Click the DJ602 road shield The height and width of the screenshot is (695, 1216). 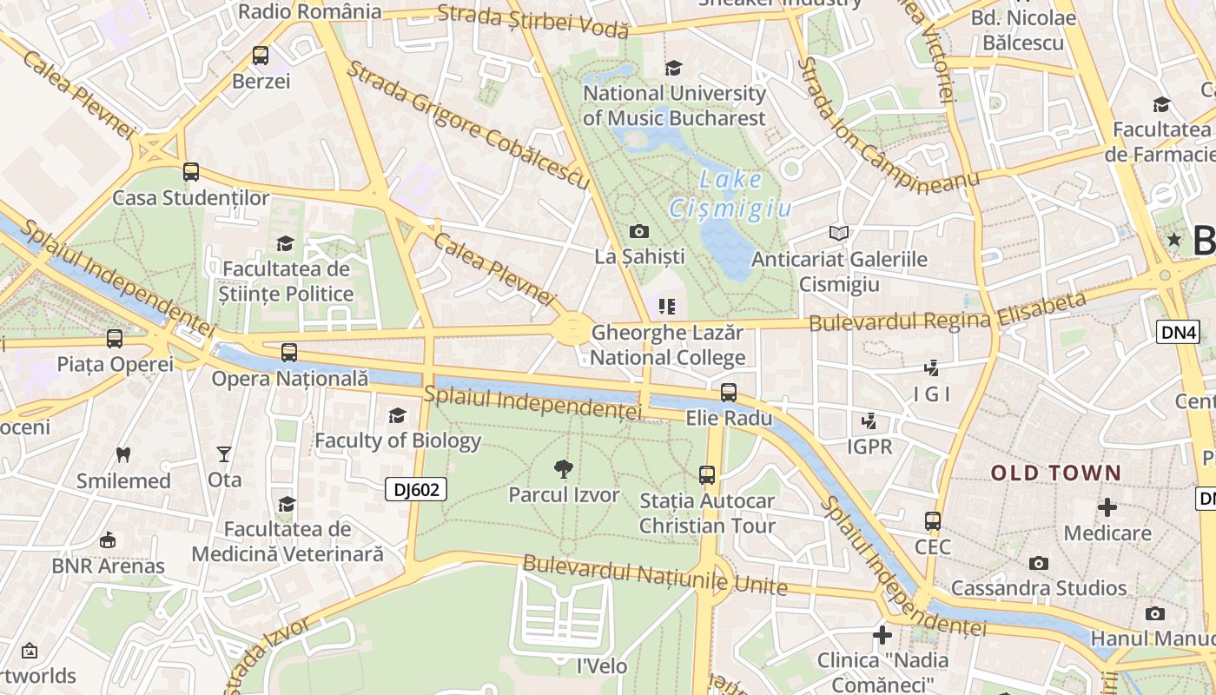(x=416, y=490)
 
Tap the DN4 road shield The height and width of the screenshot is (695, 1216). (x=1177, y=331)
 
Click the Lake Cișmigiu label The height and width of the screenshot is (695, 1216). (x=730, y=195)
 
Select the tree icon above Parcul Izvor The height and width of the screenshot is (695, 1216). (x=564, y=469)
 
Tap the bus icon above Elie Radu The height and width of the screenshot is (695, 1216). (x=729, y=392)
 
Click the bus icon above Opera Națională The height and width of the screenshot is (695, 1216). (x=289, y=353)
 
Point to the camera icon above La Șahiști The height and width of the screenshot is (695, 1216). (x=639, y=231)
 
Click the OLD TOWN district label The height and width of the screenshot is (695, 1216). (x=1056, y=473)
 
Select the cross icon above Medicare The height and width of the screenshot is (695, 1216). (x=1107, y=506)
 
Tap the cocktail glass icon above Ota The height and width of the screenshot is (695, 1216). (x=224, y=453)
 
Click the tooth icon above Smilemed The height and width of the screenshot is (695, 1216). (x=123, y=454)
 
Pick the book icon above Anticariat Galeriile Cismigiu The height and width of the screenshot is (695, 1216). (x=838, y=233)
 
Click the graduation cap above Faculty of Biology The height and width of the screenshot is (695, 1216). (x=397, y=415)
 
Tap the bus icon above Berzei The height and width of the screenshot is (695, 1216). (x=261, y=56)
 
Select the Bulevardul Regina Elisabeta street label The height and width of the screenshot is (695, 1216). (x=947, y=313)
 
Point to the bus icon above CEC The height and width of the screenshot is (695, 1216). (x=933, y=521)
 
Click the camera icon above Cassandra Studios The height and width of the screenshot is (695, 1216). (x=1038, y=563)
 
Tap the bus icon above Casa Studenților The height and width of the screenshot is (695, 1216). (x=191, y=172)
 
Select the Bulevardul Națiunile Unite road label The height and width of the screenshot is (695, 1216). (x=655, y=575)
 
